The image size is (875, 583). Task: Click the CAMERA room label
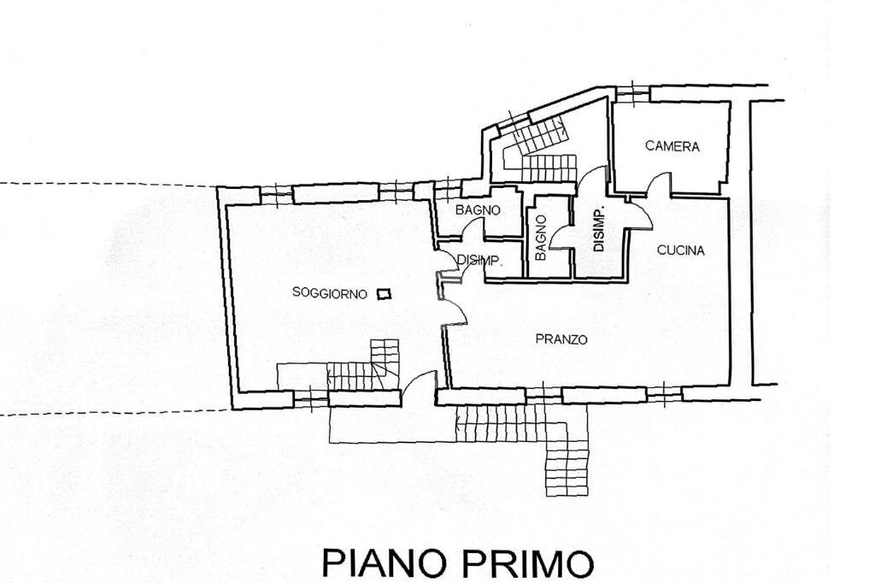click(x=672, y=146)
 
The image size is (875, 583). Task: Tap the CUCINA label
click(x=680, y=250)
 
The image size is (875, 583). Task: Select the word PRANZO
click(x=561, y=339)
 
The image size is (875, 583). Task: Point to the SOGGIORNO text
click(x=330, y=293)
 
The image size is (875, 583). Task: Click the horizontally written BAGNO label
click(x=477, y=210)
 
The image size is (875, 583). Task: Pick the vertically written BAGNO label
click(x=541, y=238)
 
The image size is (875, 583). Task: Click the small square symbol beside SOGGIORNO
click(x=384, y=293)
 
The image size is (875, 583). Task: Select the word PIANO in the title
click(x=385, y=564)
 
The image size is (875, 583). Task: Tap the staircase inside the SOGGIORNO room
click(x=363, y=365)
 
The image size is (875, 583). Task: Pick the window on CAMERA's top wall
click(x=631, y=91)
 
